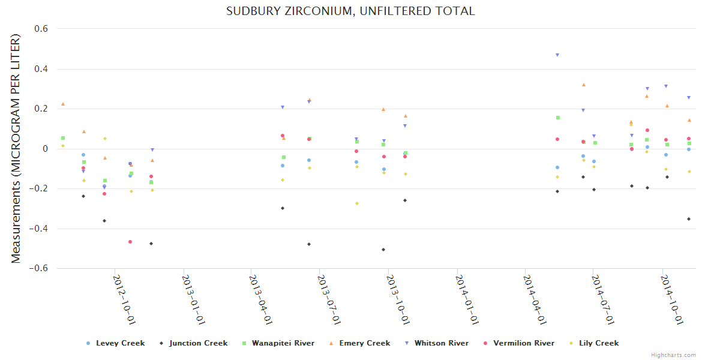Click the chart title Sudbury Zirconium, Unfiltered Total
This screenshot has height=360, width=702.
coord(350,11)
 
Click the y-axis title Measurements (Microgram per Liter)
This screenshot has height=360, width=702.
coord(16,148)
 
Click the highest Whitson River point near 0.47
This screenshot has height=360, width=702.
coord(557,55)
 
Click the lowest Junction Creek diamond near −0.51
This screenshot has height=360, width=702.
coord(383,250)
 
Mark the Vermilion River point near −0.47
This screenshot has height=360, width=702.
coord(130,242)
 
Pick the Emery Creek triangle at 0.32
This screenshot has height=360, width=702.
coord(583,85)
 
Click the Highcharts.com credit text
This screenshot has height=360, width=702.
coord(673,355)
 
